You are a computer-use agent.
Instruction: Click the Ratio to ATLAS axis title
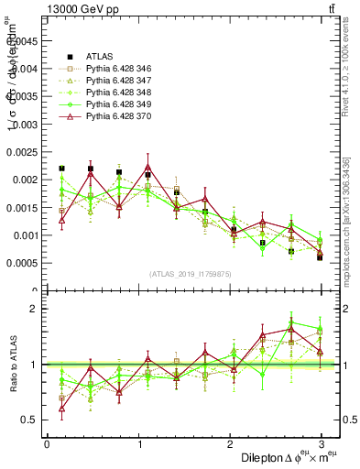point(12,365)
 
